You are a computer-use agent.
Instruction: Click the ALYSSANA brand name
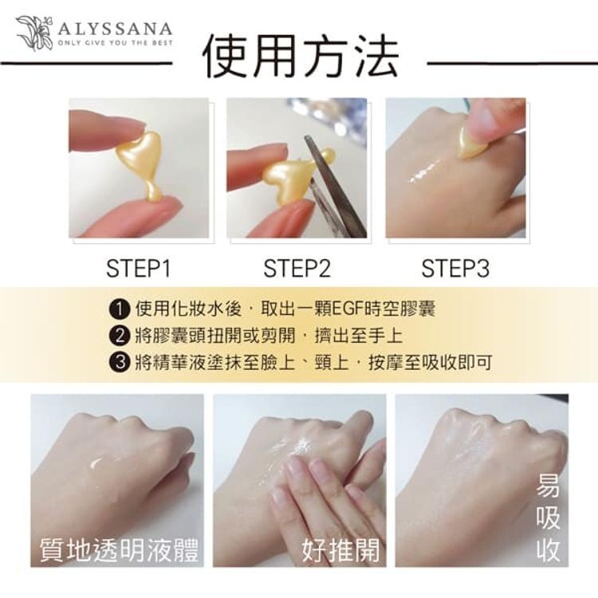tap(116, 29)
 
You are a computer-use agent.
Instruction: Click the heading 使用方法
tap(300, 57)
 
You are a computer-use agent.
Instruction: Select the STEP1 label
tap(139, 268)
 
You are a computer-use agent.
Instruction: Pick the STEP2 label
tap(297, 268)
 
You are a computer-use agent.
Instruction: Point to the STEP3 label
tap(455, 268)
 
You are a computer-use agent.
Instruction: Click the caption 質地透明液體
tap(120, 549)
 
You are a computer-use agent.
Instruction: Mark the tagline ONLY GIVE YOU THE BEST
tap(116, 43)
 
